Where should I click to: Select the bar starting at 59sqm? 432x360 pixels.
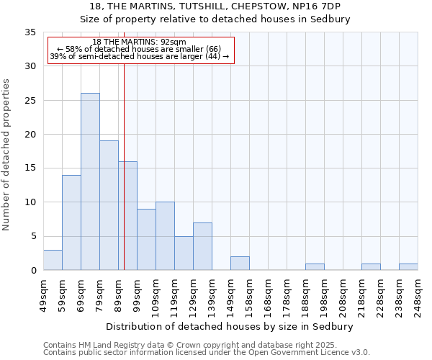coord(71,222)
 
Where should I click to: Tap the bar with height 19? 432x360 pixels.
coord(109,205)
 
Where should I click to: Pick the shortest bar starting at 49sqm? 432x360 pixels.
coord(53,260)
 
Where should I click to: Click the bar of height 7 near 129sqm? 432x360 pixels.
coord(202,246)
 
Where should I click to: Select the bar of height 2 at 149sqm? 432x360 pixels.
coord(240,264)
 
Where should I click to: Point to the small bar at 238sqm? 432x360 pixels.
coord(408,267)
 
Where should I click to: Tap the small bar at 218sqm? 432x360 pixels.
coord(371,267)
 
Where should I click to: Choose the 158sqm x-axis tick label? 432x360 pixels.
coord(249,295)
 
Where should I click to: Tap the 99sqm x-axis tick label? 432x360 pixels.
coord(137,295)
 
